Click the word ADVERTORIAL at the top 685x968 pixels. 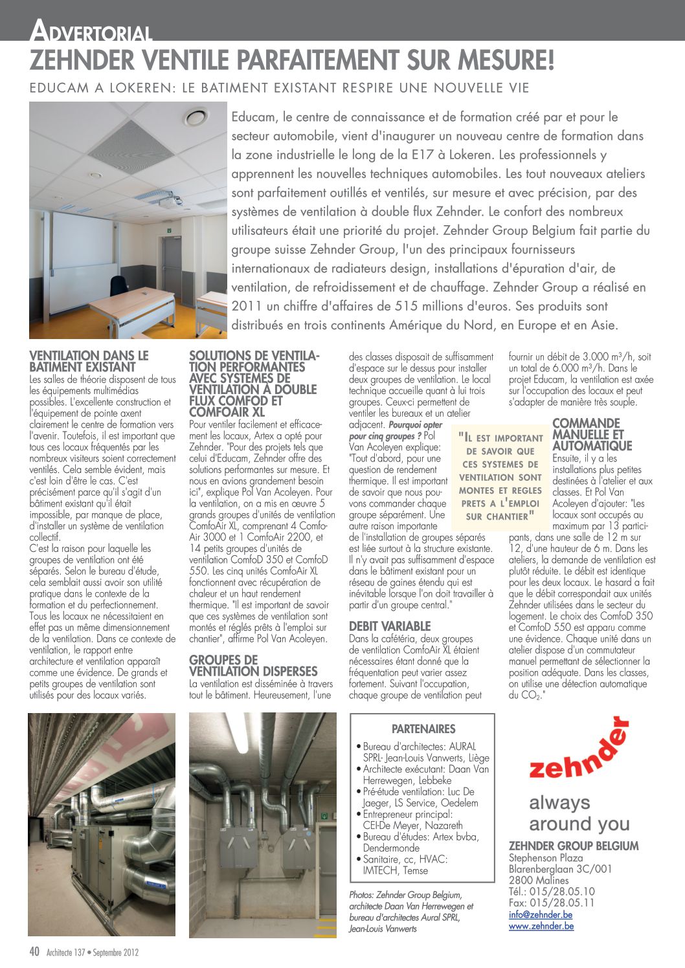91,30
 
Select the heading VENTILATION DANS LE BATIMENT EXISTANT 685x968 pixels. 89,361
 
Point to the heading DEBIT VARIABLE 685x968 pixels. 390,626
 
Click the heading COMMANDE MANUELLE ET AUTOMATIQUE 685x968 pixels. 592,434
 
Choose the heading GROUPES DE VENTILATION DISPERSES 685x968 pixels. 253,665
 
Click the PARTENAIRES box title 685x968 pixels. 423,729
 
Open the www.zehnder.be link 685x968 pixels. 541,926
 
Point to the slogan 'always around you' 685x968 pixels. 579,813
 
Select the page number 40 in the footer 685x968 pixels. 35,951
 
